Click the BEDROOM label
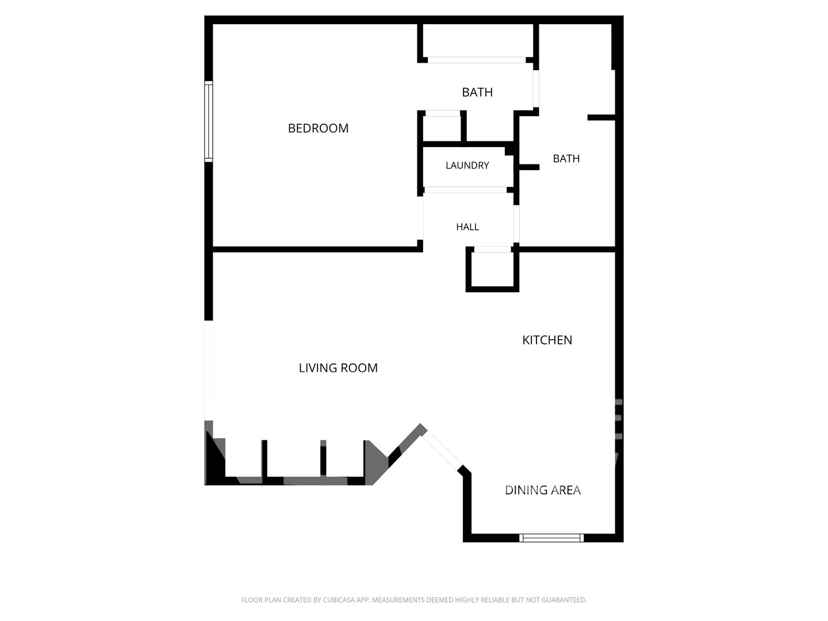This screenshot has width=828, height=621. [x=318, y=128]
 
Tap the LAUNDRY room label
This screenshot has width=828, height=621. [x=467, y=165]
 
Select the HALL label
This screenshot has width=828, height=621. [x=467, y=227]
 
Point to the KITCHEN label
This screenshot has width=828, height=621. [x=547, y=340]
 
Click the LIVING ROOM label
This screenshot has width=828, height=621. [x=338, y=367]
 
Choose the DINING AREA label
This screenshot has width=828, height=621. [x=542, y=490]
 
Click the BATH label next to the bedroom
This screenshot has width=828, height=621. [x=477, y=93]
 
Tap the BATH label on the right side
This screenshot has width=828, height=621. [x=566, y=158]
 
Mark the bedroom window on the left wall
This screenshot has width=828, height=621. [x=209, y=121]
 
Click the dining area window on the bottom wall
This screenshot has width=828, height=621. [x=551, y=538]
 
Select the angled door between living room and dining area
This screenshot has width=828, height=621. [x=442, y=451]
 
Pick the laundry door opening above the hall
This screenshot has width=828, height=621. [x=465, y=190]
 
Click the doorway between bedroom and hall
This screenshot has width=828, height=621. [x=420, y=218]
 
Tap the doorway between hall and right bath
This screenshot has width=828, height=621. [x=516, y=224]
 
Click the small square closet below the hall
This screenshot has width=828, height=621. [x=492, y=269]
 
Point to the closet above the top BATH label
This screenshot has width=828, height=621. [x=477, y=41]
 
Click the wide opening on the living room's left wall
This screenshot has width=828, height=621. [x=209, y=370]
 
